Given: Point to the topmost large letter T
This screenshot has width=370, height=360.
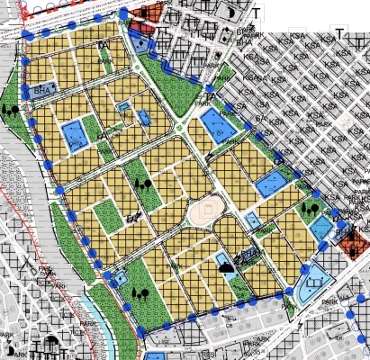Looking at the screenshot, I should click(257, 14).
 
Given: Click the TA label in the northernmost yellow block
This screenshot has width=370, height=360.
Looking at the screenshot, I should click(105, 45).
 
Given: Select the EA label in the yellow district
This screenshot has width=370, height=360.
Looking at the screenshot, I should click(132, 216).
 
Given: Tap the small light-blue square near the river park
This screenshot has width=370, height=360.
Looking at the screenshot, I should click(119, 279).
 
